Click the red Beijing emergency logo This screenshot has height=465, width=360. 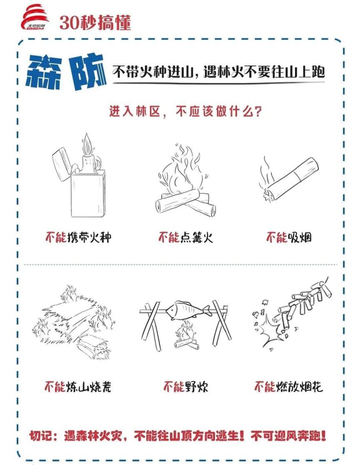[35, 19]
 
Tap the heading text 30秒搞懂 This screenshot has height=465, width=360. [95, 22]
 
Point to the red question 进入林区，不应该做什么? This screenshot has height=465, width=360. [185, 112]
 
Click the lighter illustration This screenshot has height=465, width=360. [79, 179]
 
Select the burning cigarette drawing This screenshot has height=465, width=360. [290, 179]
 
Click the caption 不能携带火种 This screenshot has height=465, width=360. [78, 238]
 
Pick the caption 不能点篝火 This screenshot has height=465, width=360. [185, 238]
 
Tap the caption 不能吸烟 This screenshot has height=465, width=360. [289, 238]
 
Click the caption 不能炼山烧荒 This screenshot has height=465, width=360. [78, 387]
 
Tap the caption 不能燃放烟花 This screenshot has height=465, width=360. [289, 387]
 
